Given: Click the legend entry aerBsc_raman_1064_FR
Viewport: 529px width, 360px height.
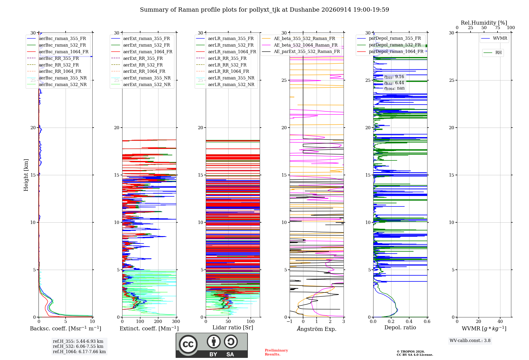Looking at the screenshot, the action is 58,52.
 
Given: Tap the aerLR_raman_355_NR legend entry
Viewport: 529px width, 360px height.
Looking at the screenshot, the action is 225,78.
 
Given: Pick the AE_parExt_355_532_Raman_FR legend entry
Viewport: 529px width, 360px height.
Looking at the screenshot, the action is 301,51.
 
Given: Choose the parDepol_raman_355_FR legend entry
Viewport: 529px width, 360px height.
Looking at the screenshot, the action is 389,38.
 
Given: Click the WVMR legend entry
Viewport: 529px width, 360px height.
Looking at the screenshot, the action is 494,38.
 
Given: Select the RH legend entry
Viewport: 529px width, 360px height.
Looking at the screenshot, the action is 492,53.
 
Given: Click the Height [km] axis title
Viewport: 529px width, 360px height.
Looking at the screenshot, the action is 26,175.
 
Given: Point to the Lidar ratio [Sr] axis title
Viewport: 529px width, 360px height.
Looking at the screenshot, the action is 233,327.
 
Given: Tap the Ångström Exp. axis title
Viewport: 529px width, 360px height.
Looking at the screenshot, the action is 317,328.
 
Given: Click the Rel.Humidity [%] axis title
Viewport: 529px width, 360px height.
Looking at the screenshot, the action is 484,23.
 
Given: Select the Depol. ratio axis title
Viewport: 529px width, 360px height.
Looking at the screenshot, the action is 400,327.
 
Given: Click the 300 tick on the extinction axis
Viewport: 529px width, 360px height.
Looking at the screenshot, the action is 176,321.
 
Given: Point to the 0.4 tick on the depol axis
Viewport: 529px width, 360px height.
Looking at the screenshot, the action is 409,321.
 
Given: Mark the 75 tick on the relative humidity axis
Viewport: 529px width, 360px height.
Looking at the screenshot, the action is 498,28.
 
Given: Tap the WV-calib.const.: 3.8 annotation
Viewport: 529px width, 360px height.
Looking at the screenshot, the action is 470,341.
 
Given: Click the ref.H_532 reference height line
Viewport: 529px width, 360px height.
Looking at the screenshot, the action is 78,346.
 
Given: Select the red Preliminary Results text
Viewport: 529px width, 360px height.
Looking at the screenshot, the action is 276,352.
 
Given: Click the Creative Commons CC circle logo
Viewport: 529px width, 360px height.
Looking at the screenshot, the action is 188,344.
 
